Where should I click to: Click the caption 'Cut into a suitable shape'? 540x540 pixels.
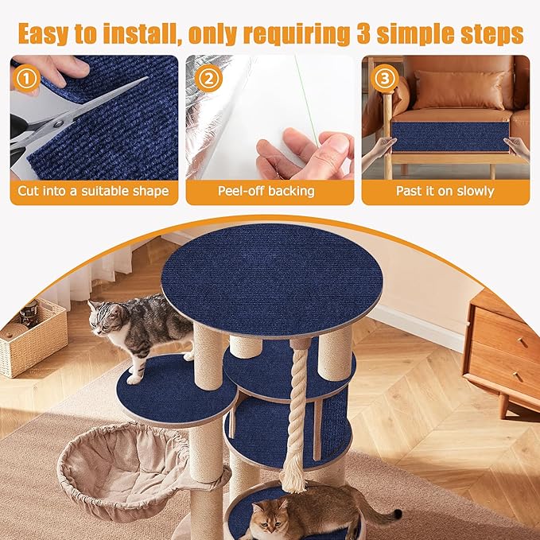pos(94,192)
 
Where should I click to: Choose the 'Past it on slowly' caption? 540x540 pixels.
pos(445,192)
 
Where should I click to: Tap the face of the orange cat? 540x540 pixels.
pos(269,521)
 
